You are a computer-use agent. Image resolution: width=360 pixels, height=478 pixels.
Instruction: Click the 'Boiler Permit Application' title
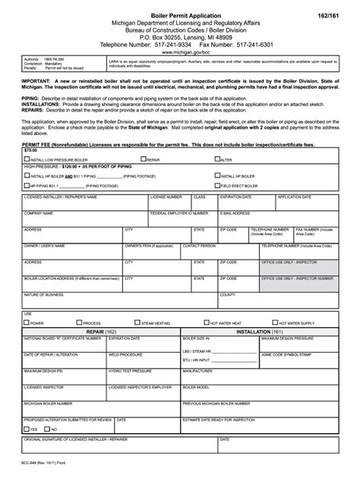tap(180, 15)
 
